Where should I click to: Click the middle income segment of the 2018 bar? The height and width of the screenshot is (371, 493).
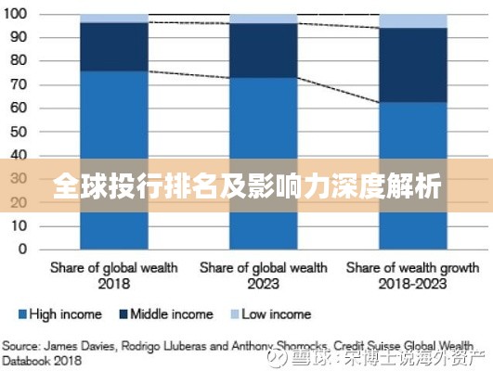(113, 46)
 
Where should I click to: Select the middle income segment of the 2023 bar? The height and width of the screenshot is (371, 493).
(263, 50)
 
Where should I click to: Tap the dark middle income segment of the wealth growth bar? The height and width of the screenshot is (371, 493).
(412, 65)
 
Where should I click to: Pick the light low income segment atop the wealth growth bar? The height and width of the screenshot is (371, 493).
(412, 20)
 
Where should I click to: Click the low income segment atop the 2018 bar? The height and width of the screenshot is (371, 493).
(113, 18)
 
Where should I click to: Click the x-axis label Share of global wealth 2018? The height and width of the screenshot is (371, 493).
(113, 275)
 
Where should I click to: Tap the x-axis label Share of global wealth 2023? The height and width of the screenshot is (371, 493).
(264, 275)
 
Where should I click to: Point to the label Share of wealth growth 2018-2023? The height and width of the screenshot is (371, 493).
(412, 275)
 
